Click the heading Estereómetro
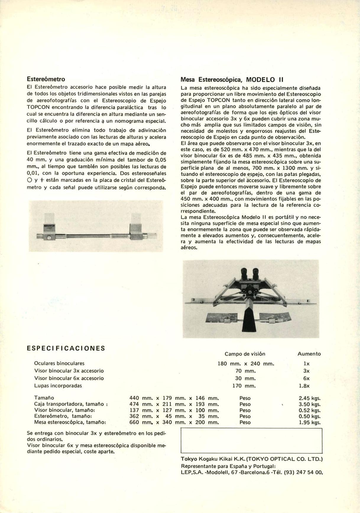click(x=46, y=79)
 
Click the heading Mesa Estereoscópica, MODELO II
click(x=232, y=80)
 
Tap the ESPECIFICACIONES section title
click(x=66, y=348)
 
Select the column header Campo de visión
click(x=245, y=354)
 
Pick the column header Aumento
click(x=309, y=354)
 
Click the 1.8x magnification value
click(x=306, y=386)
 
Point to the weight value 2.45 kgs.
click(x=309, y=398)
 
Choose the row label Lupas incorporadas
click(x=58, y=386)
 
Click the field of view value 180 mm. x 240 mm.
click(x=246, y=364)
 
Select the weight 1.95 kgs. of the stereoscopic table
click(x=309, y=422)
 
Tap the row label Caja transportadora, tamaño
click(x=70, y=404)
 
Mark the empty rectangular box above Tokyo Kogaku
click(x=251, y=440)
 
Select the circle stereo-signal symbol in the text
click(x=29, y=180)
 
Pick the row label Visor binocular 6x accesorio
click(x=69, y=378)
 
